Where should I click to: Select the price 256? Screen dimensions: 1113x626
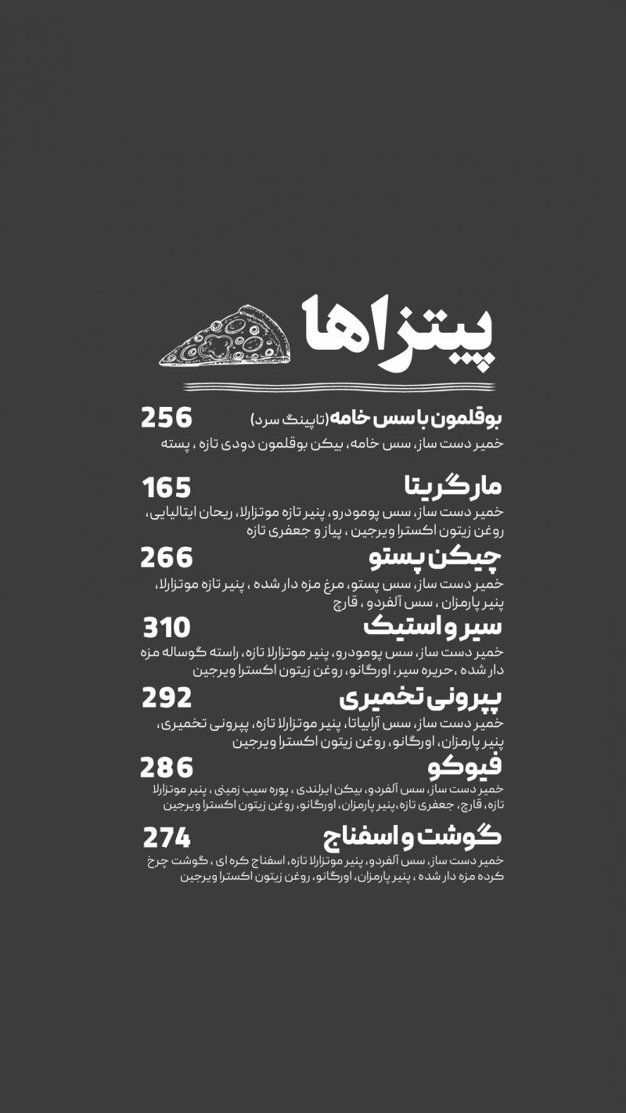tap(166, 418)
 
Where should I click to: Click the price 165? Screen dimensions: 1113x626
tap(166, 488)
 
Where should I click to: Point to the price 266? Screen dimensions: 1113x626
tap(166, 558)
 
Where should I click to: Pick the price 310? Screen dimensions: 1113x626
tap(166, 628)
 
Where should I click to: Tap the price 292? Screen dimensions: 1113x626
tap(166, 697)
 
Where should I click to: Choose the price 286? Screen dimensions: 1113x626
tap(166, 768)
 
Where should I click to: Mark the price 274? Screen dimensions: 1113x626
tap(166, 838)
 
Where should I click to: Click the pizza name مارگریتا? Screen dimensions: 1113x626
tap(452, 488)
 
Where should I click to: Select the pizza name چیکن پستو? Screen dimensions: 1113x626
tap(435, 559)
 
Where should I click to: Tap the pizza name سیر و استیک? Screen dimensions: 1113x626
tap(433, 628)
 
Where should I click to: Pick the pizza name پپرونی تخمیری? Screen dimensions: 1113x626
tap(421, 697)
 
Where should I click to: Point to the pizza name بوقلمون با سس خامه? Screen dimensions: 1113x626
tap(415, 419)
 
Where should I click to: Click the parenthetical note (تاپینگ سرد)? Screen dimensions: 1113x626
tap(288, 420)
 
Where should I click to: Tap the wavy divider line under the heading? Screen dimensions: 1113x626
tap(339, 387)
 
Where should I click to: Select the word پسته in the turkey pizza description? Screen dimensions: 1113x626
tap(176, 444)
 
